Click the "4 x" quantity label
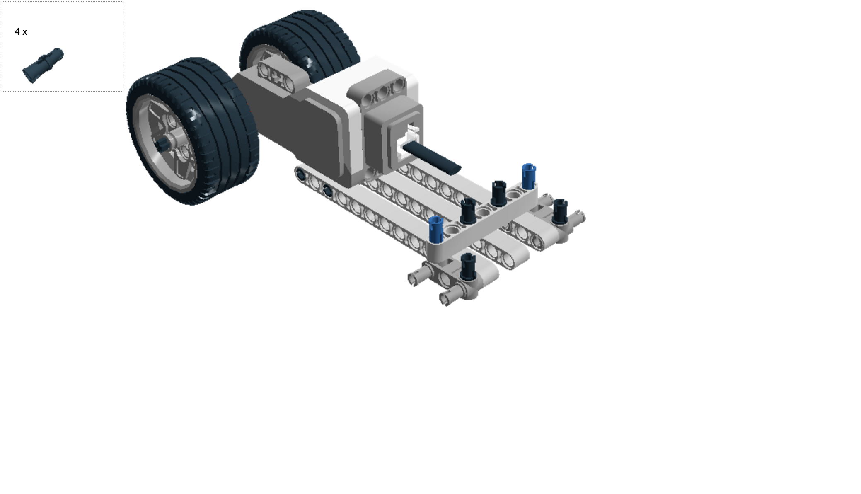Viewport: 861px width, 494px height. pyautogui.click(x=21, y=32)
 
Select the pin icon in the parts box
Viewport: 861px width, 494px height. pyautogui.click(x=43, y=65)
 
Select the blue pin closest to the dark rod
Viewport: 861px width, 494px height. pyautogui.click(x=528, y=176)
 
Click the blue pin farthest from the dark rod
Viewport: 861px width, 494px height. pyautogui.click(x=435, y=229)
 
